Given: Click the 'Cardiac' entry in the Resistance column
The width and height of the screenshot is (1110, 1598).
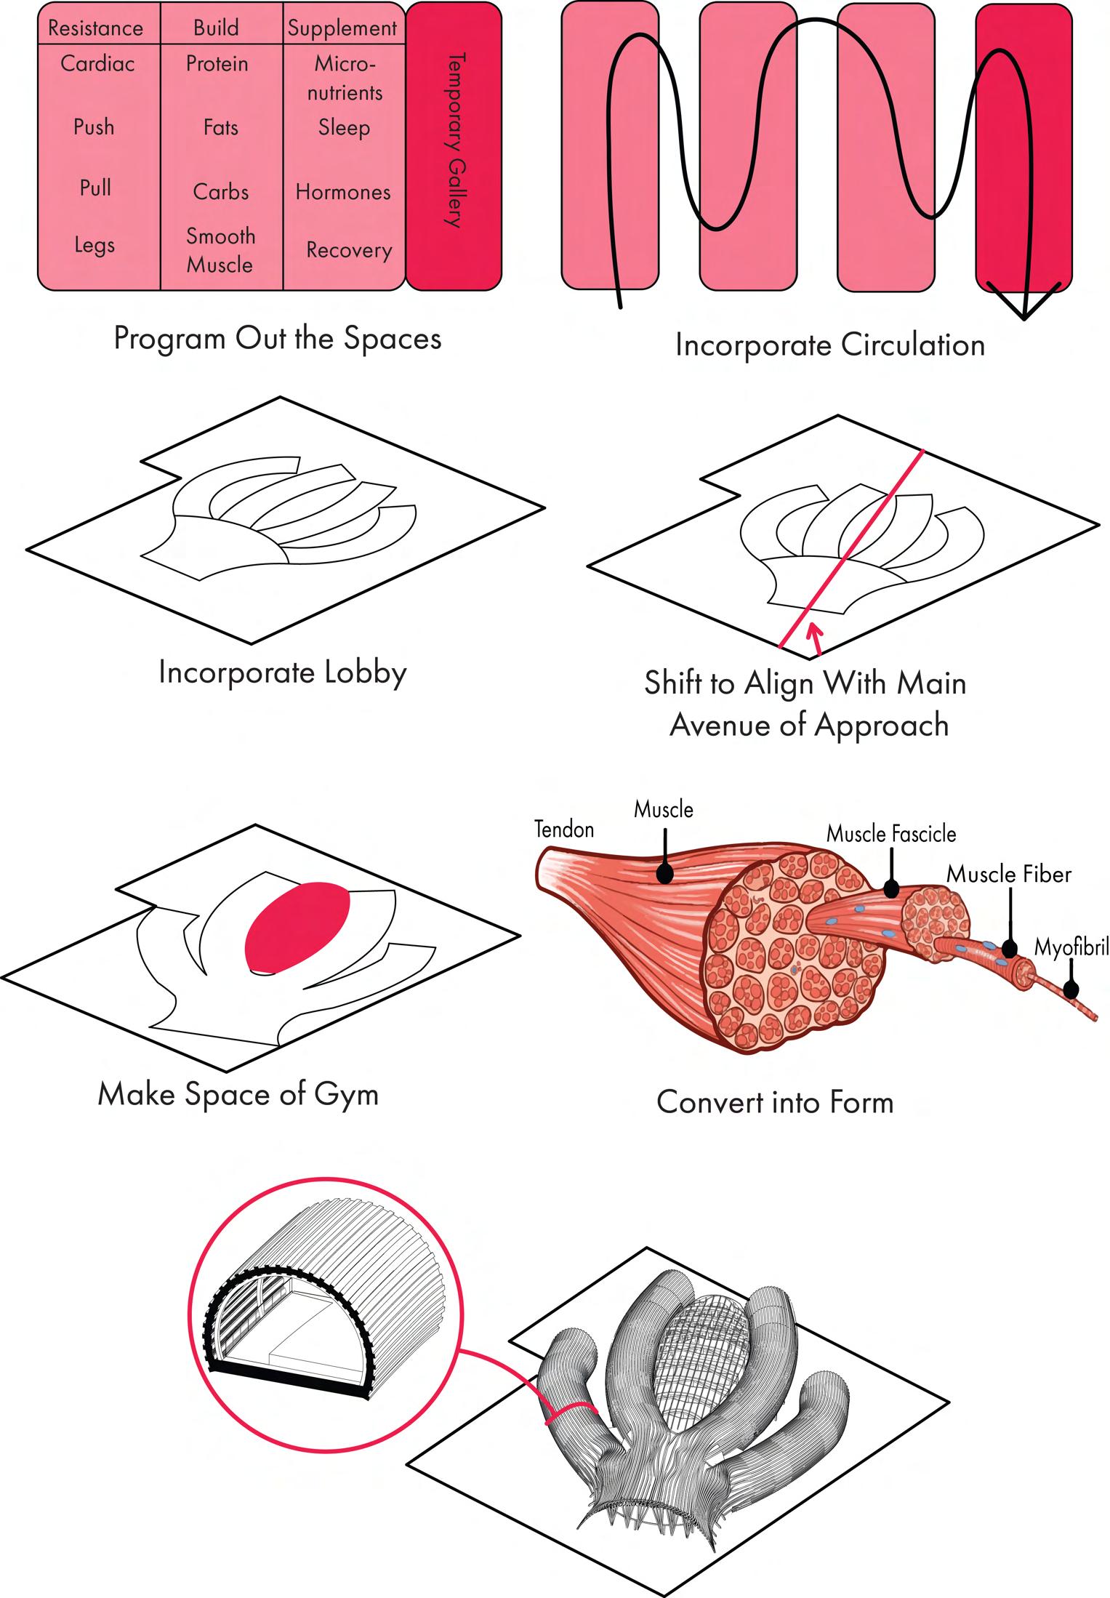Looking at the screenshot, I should click(x=97, y=64).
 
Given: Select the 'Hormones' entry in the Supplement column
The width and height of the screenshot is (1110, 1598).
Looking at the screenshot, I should click(x=343, y=193).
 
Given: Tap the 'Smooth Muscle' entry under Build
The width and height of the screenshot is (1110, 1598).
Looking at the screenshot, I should click(x=220, y=250).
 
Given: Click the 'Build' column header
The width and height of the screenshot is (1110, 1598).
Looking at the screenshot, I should click(x=216, y=28).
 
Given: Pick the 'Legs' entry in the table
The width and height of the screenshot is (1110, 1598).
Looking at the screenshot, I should click(x=94, y=245).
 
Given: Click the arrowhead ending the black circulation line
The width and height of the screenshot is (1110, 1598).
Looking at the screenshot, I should click(x=1023, y=305).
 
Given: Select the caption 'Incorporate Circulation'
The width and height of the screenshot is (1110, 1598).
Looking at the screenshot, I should click(x=829, y=345).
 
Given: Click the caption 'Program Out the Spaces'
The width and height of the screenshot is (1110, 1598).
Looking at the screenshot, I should click(x=278, y=339).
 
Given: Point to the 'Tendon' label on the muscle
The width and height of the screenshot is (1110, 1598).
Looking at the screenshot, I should click(x=564, y=830).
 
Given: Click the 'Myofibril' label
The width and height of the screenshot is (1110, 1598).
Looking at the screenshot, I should click(x=1071, y=949).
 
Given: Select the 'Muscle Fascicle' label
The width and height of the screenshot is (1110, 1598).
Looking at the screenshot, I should click(x=891, y=834).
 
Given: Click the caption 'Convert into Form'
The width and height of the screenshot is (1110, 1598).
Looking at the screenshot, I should click(x=775, y=1102).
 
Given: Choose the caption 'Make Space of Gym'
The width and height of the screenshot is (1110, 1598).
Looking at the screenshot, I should click(x=238, y=1094).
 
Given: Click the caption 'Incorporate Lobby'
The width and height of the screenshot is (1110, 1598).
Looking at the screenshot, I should click(x=282, y=672).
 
